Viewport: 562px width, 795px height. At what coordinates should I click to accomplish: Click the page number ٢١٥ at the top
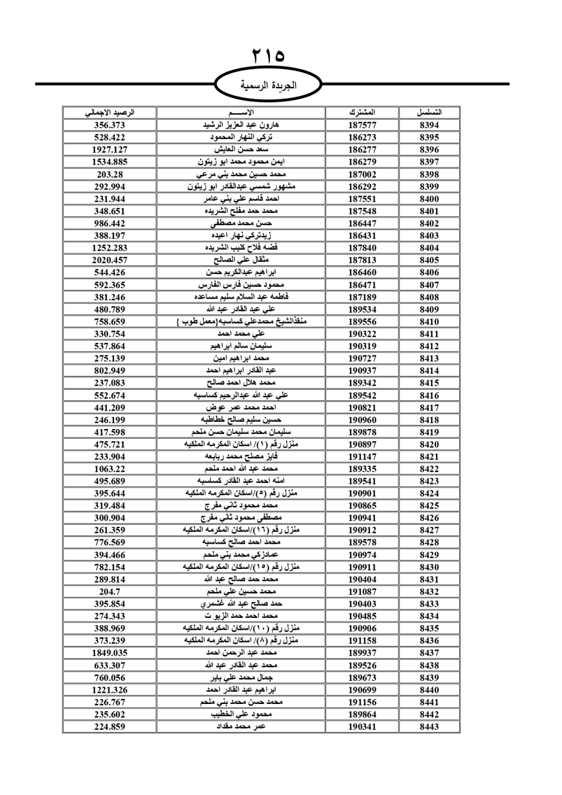click(269, 56)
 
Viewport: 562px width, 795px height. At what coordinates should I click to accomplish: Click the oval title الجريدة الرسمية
click(269, 85)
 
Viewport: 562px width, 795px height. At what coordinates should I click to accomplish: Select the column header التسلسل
click(429, 112)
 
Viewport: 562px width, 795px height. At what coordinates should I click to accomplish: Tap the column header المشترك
click(362, 112)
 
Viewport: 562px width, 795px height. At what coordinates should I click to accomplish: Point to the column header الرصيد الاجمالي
click(110, 112)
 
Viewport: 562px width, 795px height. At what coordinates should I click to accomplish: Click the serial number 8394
click(429, 125)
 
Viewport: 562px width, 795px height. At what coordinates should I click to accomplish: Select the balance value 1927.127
click(110, 150)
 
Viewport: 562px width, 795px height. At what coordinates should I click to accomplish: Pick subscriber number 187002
click(362, 174)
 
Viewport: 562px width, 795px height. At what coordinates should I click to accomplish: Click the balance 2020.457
click(110, 260)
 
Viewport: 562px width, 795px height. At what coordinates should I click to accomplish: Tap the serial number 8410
click(429, 322)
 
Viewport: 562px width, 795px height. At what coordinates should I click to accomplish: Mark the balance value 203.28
click(110, 174)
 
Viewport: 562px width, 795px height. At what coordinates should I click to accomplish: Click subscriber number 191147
click(362, 457)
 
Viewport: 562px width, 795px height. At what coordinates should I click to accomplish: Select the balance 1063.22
click(110, 469)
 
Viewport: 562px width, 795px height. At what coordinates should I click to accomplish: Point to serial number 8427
click(429, 530)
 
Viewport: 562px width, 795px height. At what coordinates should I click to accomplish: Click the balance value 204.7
click(110, 591)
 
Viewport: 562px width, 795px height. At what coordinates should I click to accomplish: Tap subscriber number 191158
click(362, 640)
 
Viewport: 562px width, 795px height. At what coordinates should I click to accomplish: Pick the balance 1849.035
click(110, 653)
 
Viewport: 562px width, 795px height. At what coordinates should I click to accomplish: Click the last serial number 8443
click(429, 726)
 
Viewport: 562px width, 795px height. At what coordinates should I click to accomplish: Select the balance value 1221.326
click(110, 690)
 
